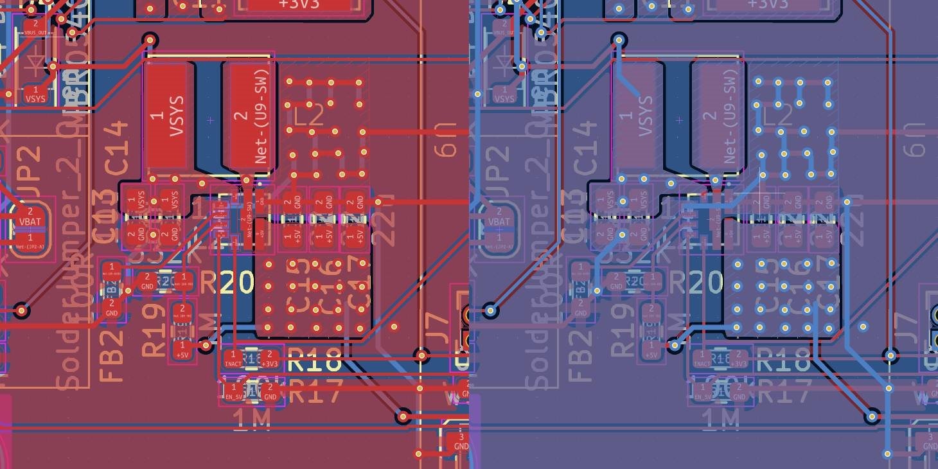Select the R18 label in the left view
pyautogui.click(x=314, y=362)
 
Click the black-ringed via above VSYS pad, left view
pyautogui.click(x=150, y=40)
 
